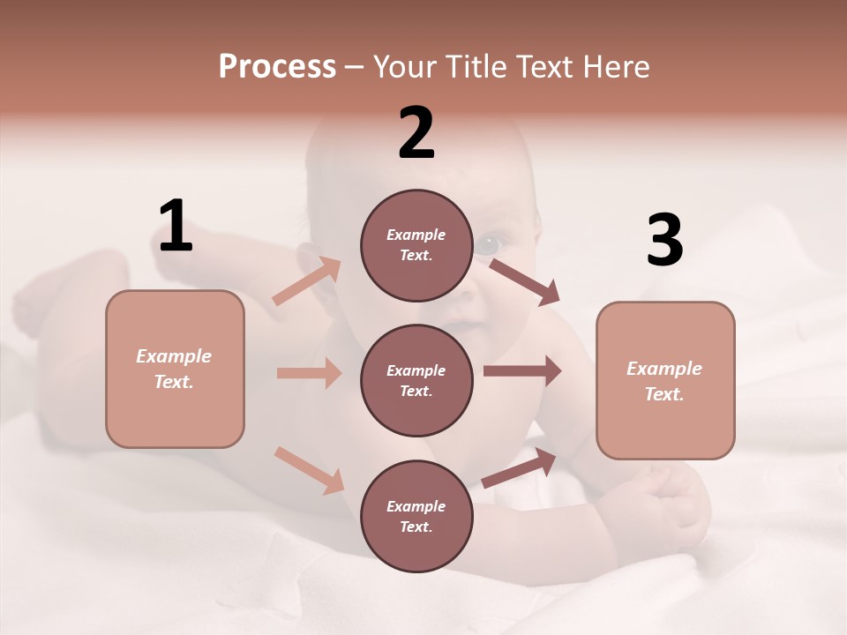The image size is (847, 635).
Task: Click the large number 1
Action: [176, 227]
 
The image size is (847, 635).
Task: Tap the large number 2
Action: [416, 133]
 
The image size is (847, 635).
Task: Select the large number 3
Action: [664, 240]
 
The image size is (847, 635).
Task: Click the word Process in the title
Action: [277, 66]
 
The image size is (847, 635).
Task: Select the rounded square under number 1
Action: [175, 369]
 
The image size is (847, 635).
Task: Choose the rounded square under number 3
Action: [665, 381]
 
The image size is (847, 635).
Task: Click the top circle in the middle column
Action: [416, 245]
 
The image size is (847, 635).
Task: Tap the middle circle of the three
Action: [416, 381]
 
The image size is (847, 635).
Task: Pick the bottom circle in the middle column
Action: [416, 517]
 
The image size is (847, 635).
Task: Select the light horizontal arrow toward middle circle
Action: [309, 373]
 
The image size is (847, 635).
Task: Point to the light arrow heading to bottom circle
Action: [310, 469]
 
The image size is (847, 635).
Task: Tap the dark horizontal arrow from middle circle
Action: [522, 371]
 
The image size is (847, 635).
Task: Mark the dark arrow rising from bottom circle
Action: [520, 467]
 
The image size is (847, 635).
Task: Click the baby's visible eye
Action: [491, 241]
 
